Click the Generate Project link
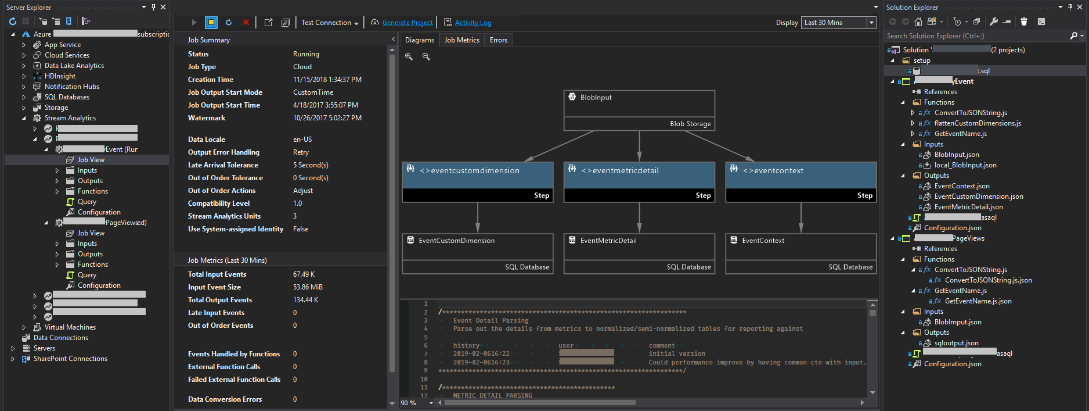tap(408, 23)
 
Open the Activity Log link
tap(473, 23)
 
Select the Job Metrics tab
tap(461, 40)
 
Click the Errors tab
tap(498, 40)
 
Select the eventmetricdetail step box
tap(639, 175)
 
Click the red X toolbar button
tap(246, 22)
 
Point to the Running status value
tap(306, 54)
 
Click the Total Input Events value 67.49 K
tap(304, 274)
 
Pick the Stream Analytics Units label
tap(224, 216)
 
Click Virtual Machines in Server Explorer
tap(70, 327)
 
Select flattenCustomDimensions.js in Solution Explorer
tap(977, 123)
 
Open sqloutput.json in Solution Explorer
tap(956, 343)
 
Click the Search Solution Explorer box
tap(975, 36)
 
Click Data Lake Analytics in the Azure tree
tap(74, 66)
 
